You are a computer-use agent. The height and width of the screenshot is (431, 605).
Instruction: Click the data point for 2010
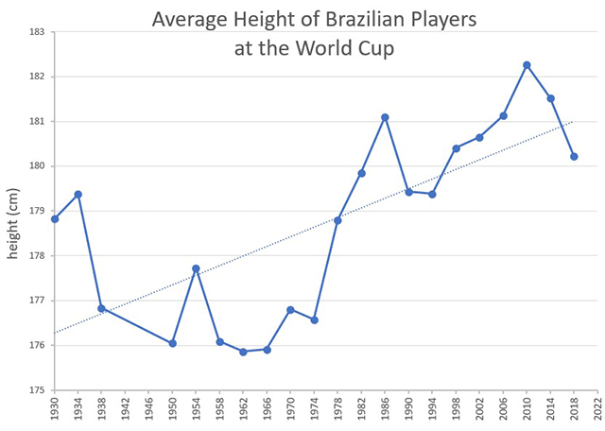point(527,65)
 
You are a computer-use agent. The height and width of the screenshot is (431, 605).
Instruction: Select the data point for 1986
point(385,117)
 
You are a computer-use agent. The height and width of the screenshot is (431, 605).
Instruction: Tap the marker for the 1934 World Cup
point(78,195)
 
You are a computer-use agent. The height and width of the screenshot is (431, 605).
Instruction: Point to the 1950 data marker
point(172,343)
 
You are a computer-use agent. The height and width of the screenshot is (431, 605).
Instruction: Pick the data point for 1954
point(196,268)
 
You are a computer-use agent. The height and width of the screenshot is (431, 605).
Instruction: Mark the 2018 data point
point(574,157)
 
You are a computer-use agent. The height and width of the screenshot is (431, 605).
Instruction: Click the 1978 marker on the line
point(337,220)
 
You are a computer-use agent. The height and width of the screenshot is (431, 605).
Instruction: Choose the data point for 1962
point(243,352)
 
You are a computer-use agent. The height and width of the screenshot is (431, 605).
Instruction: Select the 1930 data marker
point(55,219)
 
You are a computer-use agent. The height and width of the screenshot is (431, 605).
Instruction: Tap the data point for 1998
point(456,148)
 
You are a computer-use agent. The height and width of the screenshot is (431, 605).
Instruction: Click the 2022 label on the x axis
point(597,409)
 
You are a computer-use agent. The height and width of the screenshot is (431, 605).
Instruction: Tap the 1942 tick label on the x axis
point(125,409)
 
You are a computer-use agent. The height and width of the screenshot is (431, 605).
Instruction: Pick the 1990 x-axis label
point(408,409)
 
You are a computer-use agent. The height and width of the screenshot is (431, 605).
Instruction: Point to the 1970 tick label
point(290,409)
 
